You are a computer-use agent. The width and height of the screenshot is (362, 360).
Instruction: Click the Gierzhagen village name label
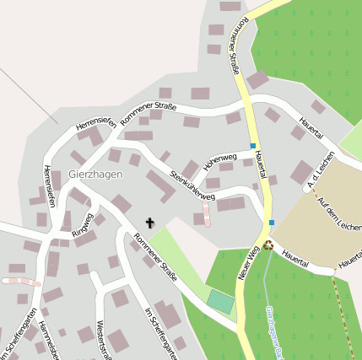(95, 175)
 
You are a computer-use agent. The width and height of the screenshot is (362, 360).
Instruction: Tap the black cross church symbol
(151, 223)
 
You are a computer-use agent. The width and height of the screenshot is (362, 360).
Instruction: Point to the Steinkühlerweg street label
(192, 185)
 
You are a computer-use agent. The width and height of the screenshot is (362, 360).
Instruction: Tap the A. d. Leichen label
(322, 170)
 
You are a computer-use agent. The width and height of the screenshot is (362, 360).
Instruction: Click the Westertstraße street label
(101, 340)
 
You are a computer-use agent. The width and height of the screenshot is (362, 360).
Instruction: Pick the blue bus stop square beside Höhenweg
(252, 146)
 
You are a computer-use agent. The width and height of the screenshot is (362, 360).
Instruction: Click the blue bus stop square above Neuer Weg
(272, 223)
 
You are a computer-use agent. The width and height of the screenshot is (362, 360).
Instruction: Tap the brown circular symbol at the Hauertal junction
(268, 245)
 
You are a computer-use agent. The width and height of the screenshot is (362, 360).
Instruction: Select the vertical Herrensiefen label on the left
(49, 185)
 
